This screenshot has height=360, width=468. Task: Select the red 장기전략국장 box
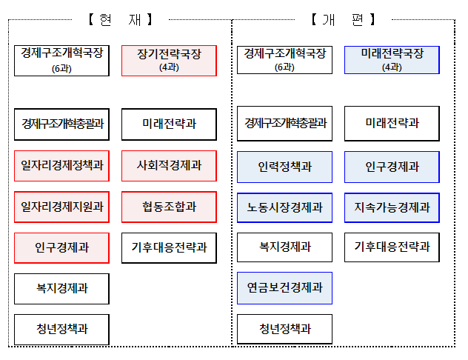[x=169, y=60]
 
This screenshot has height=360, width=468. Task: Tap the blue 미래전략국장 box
[x=392, y=60]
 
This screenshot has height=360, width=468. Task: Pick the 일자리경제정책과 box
[x=62, y=166]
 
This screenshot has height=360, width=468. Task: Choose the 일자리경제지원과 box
[x=62, y=207]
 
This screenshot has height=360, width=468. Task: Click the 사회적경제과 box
[x=169, y=166]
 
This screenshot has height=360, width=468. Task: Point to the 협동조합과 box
[x=169, y=207]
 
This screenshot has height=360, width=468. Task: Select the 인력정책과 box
[x=284, y=167]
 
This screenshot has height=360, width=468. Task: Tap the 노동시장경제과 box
[x=284, y=207]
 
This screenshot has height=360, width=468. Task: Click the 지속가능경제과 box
[x=392, y=207]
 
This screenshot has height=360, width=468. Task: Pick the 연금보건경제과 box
[x=284, y=288]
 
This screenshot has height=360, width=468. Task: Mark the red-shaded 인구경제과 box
[x=62, y=247]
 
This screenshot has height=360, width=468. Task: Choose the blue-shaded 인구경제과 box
[x=392, y=167]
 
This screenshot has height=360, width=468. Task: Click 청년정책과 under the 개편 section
[x=284, y=329]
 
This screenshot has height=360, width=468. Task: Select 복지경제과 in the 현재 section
[x=62, y=288]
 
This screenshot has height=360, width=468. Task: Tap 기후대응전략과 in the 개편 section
[x=392, y=247]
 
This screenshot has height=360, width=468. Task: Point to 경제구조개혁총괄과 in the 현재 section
[x=62, y=124]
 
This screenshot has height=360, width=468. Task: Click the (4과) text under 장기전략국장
[x=169, y=67]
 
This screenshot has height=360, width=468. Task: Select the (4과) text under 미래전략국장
[x=392, y=67]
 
